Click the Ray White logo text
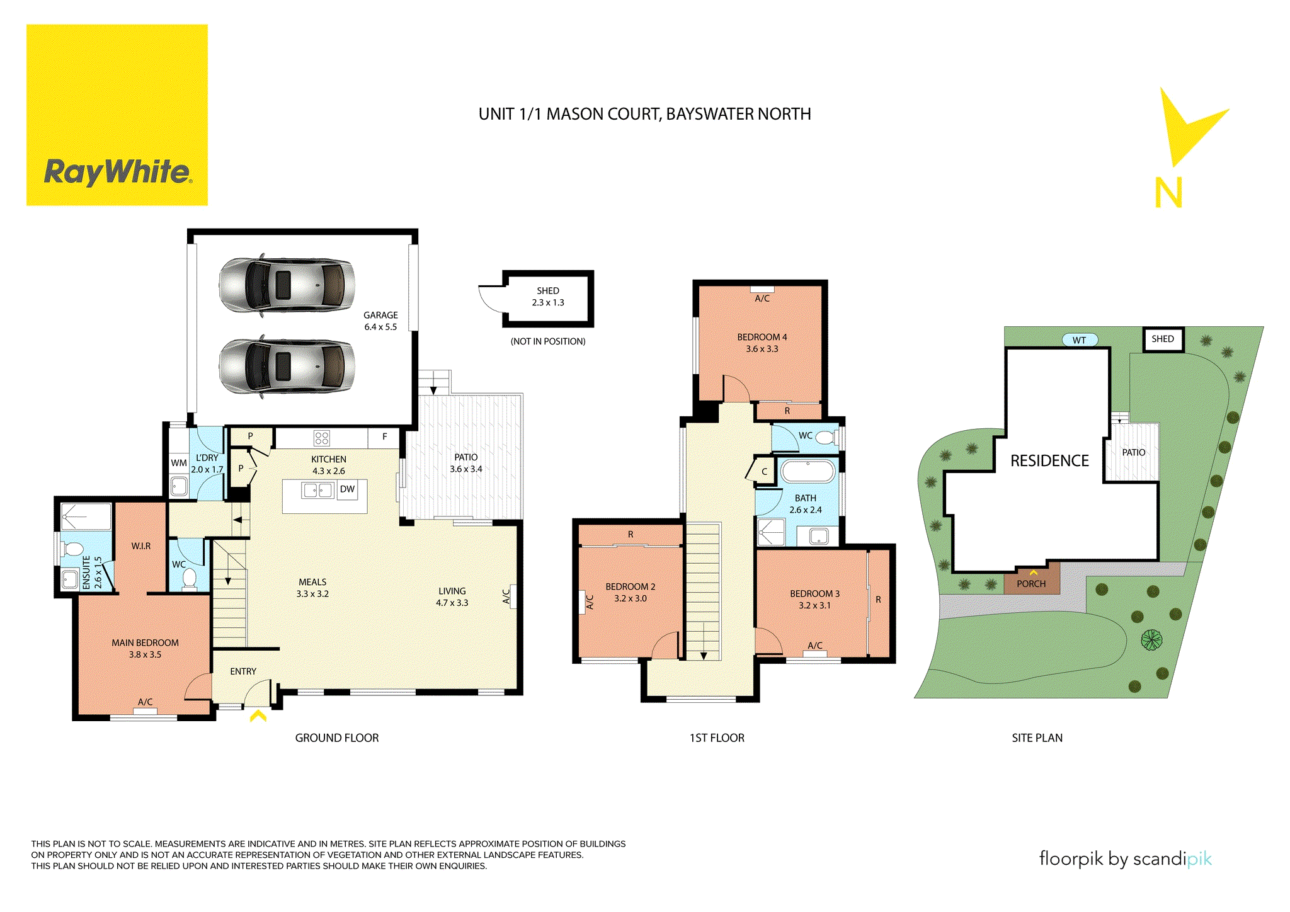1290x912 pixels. click(117, 171)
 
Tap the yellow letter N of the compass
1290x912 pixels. click(1168, 193)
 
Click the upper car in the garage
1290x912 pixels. click(287, 285)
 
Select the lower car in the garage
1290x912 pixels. click(287, 367)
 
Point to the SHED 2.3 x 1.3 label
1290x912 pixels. click(548, 297)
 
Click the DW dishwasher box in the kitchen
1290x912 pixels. click(347, 489)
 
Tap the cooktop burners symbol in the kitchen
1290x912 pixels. click(322, 438)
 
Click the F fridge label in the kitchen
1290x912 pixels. click(385, 436)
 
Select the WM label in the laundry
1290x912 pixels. click(179, 463)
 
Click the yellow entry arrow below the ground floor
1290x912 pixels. click(258, 716)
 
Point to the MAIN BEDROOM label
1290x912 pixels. click(145, 648)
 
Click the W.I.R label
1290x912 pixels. click(141, 546)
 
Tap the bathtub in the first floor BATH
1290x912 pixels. click(808, 471)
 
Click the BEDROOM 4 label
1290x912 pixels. click(762, 343)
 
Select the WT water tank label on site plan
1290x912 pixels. click(1080, 340)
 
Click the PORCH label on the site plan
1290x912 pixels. click(1031, 584)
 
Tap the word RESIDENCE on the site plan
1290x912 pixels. click(1049, 461)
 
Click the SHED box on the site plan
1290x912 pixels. click(1163, 339)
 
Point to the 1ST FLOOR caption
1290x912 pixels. click(717, 738)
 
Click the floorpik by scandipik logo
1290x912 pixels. click(1125, 859)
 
